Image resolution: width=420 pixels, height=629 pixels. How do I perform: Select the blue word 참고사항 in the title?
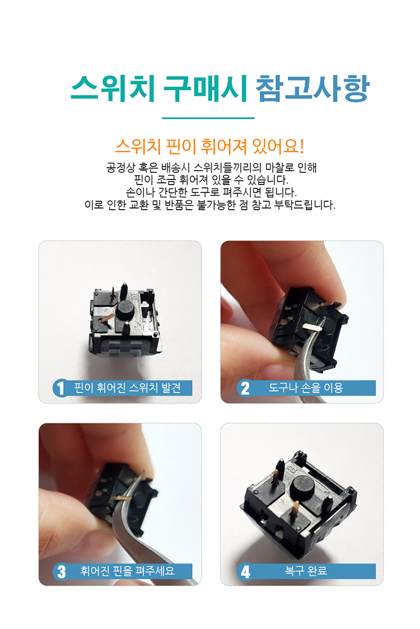pyautogui.click(x=312, y=88)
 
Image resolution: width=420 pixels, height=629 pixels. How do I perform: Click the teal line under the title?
pyautogui.click(x=208, y=118)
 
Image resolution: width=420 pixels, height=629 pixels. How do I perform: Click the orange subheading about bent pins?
pyautogui.click(x=210, y=146)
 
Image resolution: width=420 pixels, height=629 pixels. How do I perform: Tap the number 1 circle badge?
pyautogui.click(x=60, y=388)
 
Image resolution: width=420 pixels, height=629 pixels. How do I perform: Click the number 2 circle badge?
pyautogui.click(x=245, y=388)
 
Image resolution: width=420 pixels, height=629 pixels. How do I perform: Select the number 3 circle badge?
pyautogui.click(x=60, y=571)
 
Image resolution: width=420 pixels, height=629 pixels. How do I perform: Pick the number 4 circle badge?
pyautogui.click(x=245, y=571)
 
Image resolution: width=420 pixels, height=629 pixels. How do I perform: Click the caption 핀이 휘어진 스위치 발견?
pyautogui.click(x=128, y=388)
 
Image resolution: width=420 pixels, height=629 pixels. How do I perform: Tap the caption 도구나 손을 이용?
pyautogui.click(x=305, y=388)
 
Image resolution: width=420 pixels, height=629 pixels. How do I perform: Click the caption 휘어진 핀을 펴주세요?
pyautogui.click(x=128, y=571)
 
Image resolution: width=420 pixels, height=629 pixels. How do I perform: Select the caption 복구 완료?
pyautogui.click(x=306, y=571)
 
